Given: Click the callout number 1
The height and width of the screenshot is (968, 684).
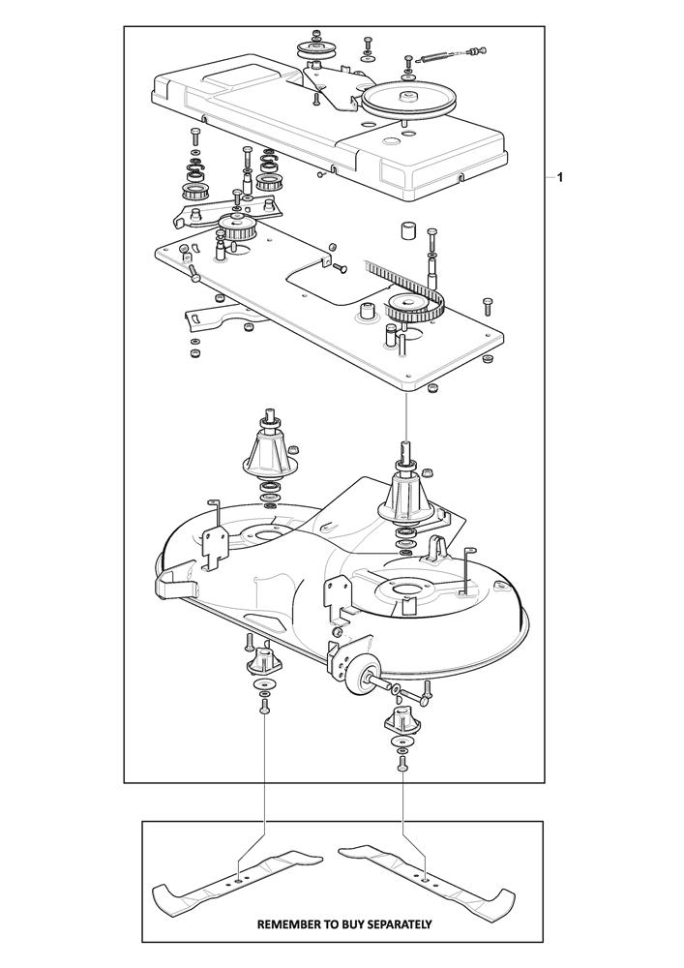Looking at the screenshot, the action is tap(559, 178).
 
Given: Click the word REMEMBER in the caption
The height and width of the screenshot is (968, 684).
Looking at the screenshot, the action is tap(284, 924).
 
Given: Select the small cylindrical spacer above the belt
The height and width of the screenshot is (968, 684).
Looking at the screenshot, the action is tap(407, 232).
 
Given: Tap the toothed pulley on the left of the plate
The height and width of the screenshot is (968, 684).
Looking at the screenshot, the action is tap(236, 227).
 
